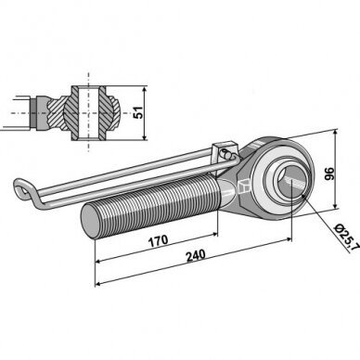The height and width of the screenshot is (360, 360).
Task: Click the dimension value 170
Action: pyautogui.click(x=159, y=241)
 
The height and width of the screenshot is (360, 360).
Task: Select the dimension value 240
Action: pyautogui.click(x=196, y=255)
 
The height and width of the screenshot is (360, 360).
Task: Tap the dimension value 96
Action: pyautogui.click(x=329, y=174)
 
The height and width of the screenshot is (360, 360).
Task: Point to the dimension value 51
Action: pyautogui.click(x=138, y=112)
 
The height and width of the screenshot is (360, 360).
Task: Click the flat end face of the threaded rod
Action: pyautogui.click(x=89, y=221)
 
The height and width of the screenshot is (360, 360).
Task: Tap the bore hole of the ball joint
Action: pyautogui.click(x=291, y=183)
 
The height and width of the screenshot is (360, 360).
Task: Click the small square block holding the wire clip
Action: pyautogui.click(x=224, y=151)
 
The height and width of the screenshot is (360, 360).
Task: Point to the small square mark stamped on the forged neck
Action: pyautogui.click(x=243, y=186)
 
